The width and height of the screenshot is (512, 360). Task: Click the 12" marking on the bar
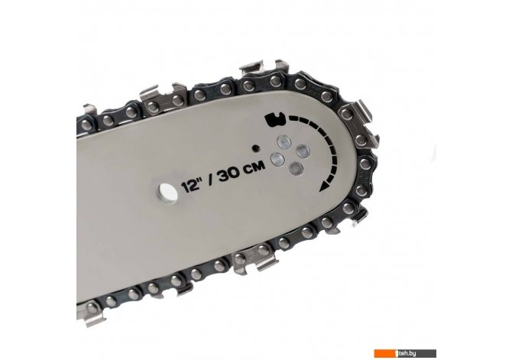(x=191, y=186)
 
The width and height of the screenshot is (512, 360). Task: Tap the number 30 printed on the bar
(x=229, y=175)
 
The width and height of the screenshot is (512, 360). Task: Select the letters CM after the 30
(x=255, y=167)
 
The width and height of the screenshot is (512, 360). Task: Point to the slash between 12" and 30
(x=209, y=181)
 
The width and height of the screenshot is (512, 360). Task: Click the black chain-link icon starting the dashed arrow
(x=275, y=119)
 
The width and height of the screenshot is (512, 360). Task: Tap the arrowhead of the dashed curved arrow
(x=324, y=186)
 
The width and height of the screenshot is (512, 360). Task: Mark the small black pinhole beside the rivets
(x=256, y=148)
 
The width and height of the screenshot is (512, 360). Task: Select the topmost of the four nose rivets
(x=284, y=141)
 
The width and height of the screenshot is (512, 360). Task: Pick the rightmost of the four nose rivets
(x=303, y=151)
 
